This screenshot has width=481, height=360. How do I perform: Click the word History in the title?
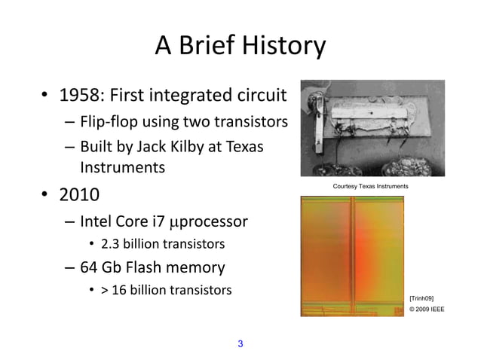pos(280,47)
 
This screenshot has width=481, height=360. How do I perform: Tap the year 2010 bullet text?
pos(79,195)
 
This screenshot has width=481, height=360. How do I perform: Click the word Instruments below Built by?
pos(122,167)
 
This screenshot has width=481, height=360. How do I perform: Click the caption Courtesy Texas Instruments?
pos(369,186)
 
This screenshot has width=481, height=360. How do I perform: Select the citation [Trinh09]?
pos(421,298)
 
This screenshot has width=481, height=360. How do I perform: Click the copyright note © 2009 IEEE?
pos(426,309)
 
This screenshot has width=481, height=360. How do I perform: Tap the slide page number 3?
pos(240,344)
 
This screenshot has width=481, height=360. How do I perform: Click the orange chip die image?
pos(351,255)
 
